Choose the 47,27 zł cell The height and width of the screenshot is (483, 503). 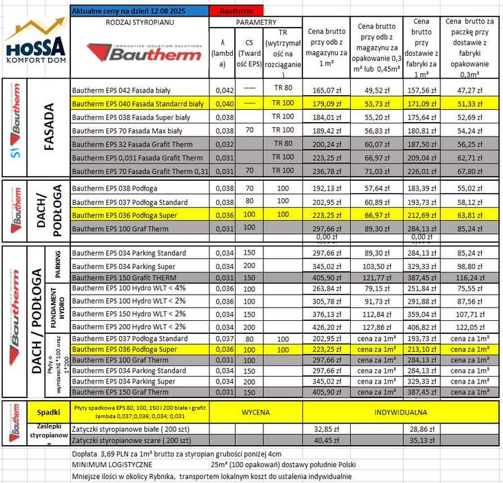471,90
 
